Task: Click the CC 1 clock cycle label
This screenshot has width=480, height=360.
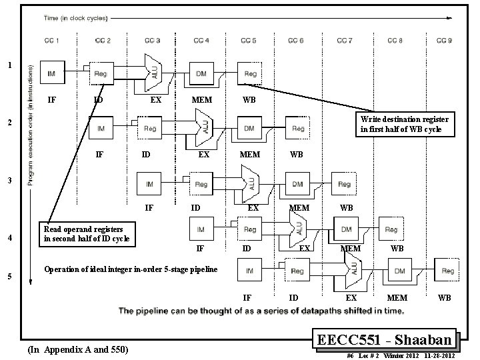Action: pyautogui.click(x=51, y=41)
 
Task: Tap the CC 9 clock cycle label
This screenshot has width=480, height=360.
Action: pyautogui.click(x=442, y=41)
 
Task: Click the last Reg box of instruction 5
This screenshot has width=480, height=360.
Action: pyautogui.click(x=445, y=271)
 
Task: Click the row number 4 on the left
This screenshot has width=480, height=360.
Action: pyautogui.click(x=8, y=238)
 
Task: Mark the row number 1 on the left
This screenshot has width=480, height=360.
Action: pyautogui.click(x=8, y=65)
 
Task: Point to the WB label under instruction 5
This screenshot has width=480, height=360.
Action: pyautogui.click(x=444, y=297)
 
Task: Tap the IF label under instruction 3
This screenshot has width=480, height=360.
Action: pyautogui.click(x=149, y=208)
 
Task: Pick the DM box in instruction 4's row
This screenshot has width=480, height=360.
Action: pyautogui.click(x=347, y=229)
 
